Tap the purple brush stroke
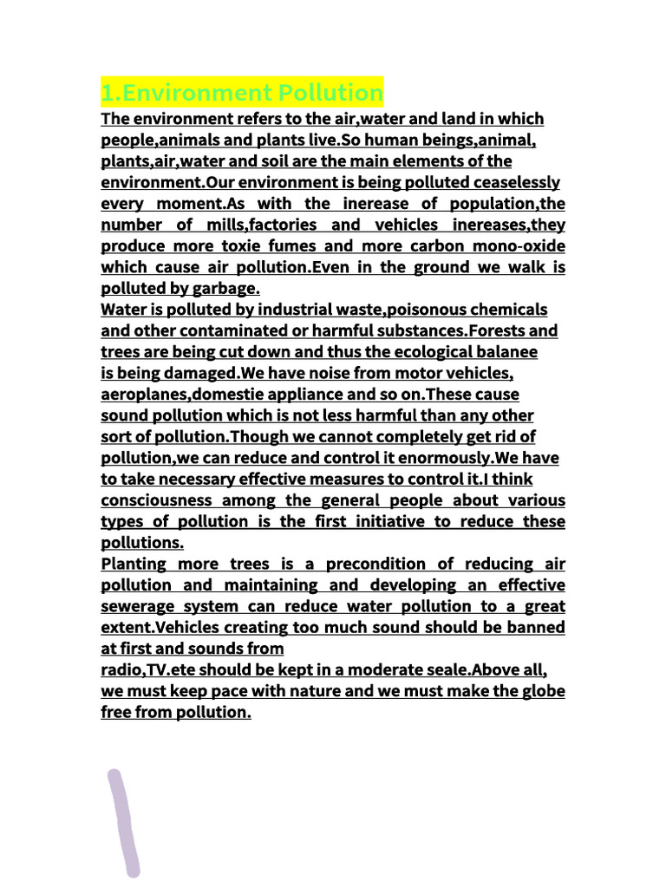[123, 821]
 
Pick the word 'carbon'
[412, 245]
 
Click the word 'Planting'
[135, 564]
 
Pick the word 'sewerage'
[139, 606]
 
